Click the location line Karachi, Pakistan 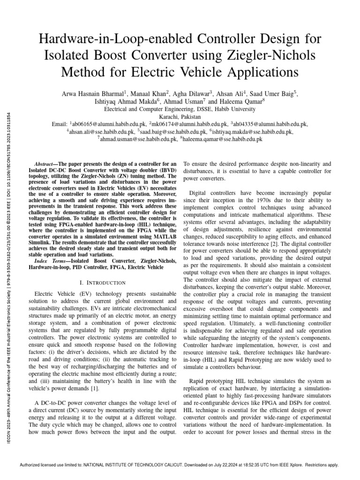[180, 117]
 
